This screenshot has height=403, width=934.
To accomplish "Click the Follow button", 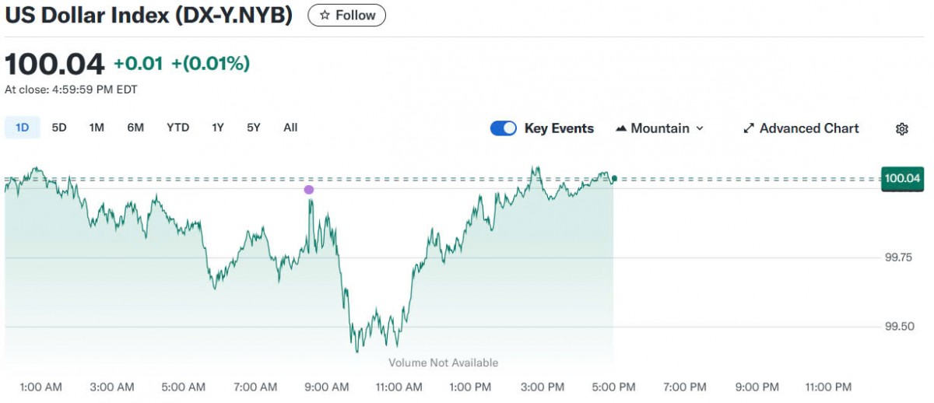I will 346,16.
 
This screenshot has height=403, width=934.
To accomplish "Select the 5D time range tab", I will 59,128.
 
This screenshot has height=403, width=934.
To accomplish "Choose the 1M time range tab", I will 97,128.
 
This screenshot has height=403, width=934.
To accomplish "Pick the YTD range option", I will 177,128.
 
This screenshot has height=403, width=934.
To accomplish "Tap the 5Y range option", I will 254,128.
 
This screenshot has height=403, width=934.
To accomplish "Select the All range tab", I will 290,128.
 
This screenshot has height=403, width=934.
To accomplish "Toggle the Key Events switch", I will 504,128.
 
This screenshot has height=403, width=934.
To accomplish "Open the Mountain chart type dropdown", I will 659,128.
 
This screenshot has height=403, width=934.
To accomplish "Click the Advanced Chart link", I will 801,128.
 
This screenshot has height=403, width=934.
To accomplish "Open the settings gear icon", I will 902,129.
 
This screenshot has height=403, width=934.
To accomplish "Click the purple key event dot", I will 309,190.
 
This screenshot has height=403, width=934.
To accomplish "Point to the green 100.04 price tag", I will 902,179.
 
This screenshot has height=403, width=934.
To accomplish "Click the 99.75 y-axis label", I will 899,258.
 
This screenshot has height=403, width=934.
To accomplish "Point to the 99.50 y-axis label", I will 899,327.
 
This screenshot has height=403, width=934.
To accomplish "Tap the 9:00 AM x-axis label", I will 327,387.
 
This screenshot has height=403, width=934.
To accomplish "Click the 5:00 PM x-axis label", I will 614,387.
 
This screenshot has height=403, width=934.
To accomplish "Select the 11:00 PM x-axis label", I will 828,387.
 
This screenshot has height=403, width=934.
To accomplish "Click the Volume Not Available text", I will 443,363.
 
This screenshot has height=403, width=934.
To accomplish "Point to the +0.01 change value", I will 138,64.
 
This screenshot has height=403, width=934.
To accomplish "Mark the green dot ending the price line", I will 614,179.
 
